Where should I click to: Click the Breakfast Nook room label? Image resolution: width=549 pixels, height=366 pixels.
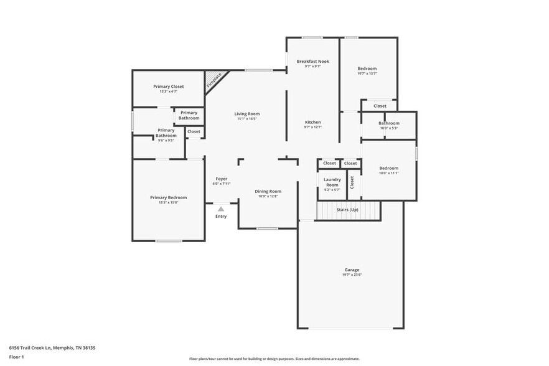(312, 61)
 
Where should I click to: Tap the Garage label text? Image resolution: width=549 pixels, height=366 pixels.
(352, 270)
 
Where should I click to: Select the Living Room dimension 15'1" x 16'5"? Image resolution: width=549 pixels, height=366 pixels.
(246, 119)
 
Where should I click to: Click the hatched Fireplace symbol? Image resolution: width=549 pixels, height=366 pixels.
(214, 80)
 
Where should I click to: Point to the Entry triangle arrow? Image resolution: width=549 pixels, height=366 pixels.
(220, 209)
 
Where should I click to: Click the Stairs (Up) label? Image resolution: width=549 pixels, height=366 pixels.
(347, 210)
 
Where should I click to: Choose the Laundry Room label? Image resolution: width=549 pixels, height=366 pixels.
(332, 182)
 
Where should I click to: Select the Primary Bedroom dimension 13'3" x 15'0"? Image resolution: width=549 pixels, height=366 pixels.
(168, 202)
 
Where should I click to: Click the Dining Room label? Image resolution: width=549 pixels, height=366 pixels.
(268, 191)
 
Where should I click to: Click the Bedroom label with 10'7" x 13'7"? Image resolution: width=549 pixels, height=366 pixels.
(367, 68)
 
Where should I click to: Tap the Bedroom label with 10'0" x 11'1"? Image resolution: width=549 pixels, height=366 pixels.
(389, 168)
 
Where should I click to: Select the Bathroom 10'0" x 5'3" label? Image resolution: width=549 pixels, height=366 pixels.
(389, 123)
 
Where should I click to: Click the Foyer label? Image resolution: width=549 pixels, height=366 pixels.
(221, 179)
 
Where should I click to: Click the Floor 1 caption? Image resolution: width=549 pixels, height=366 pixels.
(16, 357)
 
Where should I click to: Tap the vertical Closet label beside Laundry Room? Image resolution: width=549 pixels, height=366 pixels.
(352, 182)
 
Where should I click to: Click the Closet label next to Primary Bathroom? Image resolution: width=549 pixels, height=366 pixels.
(194, 131)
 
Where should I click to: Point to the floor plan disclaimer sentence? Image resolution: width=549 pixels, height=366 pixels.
(274, 359)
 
